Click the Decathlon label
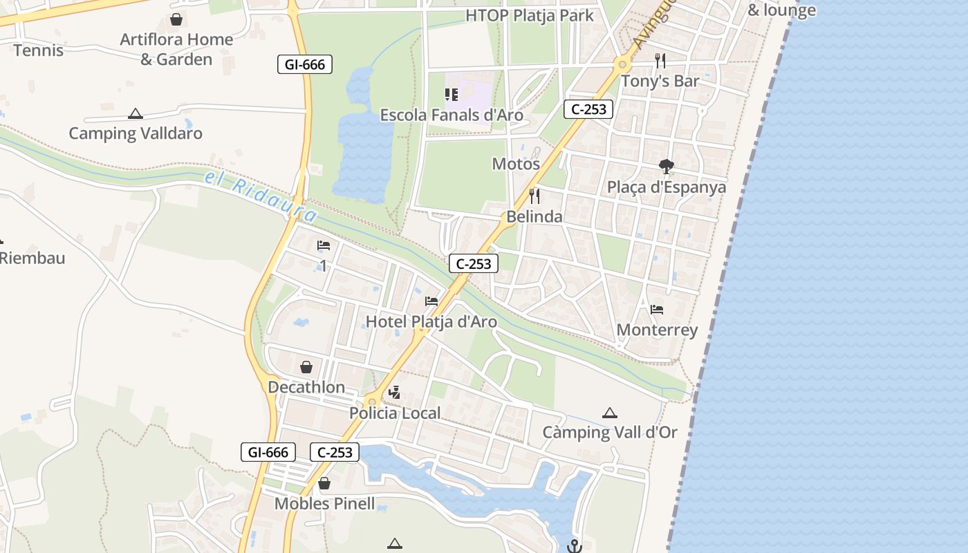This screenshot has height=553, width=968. [x=306, y=387]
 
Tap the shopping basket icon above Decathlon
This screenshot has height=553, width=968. [x=306, y=367]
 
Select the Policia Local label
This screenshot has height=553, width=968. [x=395, y=413]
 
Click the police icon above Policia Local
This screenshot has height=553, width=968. [x=395, y=393]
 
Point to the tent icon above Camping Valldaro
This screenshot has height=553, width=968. [x=136, y=113]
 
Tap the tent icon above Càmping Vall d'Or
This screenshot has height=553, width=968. [x=609, y=413]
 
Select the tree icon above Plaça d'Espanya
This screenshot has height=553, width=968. [x=667, y=167]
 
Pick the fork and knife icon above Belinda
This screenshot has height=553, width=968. [x=534, y=196]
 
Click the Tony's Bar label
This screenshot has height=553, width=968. [x=660, y=81]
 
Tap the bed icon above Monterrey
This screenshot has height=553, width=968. [x=657, y=310]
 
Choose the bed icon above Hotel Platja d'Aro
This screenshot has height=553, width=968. [x=431, y=301]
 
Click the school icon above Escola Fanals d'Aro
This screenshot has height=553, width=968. [x=452, y=95]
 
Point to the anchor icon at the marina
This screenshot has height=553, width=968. [x=574, y=546]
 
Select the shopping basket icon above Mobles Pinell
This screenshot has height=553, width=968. [x=324, y=484]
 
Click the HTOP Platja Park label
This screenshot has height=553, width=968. [x=530, y=15]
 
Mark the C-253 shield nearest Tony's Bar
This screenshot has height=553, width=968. [x=588, y=109]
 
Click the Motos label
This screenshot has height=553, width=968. [x=516, y=164]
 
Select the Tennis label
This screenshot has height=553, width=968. [x=38, y=50]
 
